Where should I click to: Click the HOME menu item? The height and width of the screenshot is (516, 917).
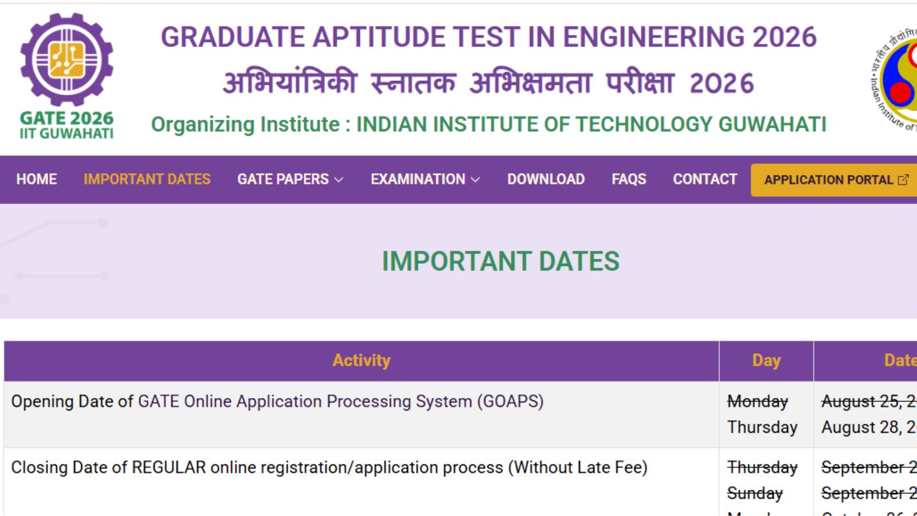[36, 179]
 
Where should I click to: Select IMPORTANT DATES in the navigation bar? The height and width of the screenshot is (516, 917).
[147, 179]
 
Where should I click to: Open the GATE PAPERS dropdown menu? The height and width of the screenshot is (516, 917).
[290, 179]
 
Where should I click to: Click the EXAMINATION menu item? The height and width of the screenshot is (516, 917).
[425, 179]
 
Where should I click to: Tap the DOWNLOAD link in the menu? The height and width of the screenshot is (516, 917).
[546, 179]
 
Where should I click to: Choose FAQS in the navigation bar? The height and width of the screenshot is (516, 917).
[629, 179]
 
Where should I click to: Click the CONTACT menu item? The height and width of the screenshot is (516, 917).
[705, 179]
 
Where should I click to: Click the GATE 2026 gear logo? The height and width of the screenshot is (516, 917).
[66, 60]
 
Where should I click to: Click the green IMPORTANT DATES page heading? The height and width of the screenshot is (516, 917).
[500, 261]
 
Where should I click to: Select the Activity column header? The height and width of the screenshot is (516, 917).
[361, 361]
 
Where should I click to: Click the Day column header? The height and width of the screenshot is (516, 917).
[766, 361]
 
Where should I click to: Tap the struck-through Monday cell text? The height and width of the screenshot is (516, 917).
[757, 401]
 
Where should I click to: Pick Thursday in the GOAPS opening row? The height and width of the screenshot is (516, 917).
[762, 427]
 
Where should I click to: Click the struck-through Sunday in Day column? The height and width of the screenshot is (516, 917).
[755, 493]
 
